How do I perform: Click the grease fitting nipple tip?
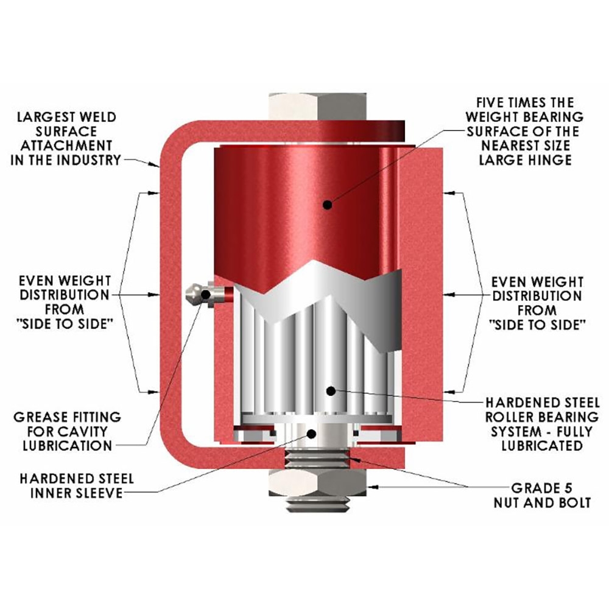point(189,295)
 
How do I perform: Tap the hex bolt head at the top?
point(320,108)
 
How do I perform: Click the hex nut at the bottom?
point(320,484)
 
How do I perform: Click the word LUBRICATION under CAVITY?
point(67,446)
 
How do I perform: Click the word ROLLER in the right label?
point(513,417)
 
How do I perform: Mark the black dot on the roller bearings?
point(329,389)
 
